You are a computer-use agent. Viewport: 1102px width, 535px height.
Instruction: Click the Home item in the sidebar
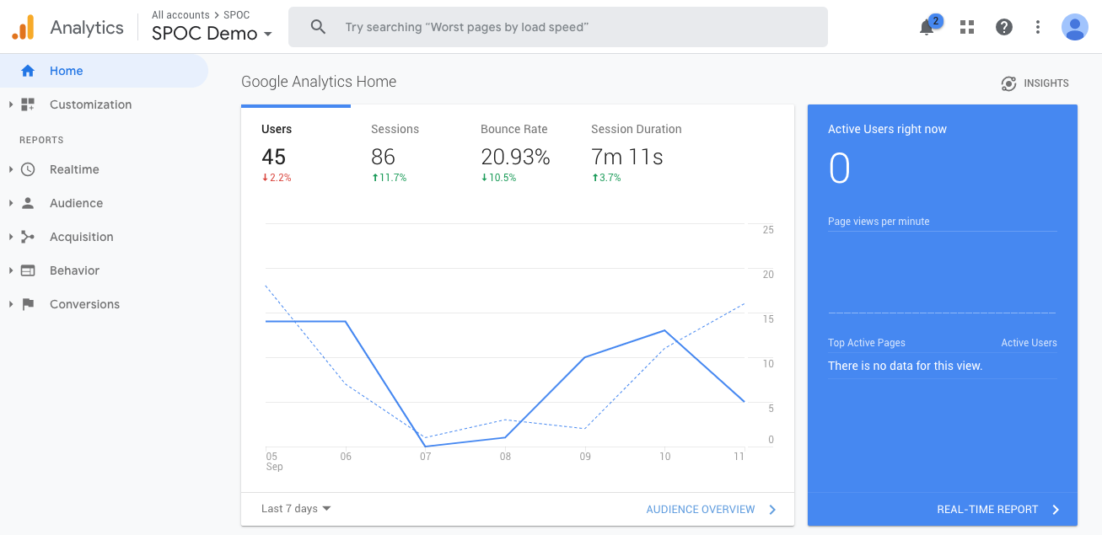(x=66, y=71)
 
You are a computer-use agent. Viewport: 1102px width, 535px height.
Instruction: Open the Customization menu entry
(x=90, y=104)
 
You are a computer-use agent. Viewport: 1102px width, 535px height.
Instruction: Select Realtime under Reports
(x=74, y=169)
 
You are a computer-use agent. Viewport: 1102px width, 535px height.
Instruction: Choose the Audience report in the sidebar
(x=76, y=203)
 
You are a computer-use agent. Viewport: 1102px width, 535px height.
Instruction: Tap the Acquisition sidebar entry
(x=81, y=237)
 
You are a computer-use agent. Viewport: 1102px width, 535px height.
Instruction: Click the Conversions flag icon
(x=28, y=304)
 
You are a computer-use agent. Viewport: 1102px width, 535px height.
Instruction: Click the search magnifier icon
(x=318, y=27)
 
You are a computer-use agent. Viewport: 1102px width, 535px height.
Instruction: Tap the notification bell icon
(x=927, y=28)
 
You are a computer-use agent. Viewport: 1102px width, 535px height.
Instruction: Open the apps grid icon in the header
(x=967, y=27)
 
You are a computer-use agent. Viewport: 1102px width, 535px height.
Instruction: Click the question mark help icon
(x=1003, y=27)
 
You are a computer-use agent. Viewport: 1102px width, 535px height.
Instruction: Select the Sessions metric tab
(x=395, y=129)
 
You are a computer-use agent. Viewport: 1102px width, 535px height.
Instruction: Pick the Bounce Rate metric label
(x=513, y=129)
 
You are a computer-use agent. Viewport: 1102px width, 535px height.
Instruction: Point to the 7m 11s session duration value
(x=626, y=157)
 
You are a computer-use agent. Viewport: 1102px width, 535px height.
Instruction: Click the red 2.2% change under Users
(x=277, y=178)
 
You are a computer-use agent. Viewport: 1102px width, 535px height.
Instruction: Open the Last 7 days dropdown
(x=296, y=508)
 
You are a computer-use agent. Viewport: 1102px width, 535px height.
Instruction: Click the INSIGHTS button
(x=1035, y=83)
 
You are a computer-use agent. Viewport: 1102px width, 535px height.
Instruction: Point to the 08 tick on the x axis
(x=505, y=457)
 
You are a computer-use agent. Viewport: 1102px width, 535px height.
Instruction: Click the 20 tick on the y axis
(x=768, y=275)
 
